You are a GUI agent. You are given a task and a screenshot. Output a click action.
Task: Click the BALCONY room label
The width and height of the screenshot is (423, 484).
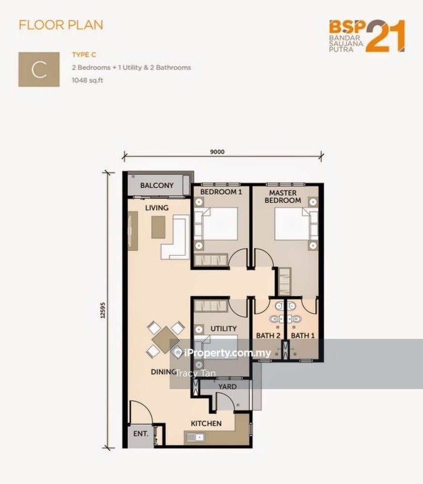157,185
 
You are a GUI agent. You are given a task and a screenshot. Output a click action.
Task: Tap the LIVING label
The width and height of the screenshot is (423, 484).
157,208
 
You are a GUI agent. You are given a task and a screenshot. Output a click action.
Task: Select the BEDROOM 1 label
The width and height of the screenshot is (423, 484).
221,192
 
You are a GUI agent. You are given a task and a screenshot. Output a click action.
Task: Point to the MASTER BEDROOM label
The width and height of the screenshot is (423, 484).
282,197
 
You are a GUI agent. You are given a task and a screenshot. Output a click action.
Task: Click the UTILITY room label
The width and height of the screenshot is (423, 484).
223,329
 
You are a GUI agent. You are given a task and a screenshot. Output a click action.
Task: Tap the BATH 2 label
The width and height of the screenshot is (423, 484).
268,335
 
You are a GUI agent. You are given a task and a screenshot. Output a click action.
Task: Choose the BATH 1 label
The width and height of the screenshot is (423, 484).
303,335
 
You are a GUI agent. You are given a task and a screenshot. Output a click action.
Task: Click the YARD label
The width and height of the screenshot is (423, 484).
227,387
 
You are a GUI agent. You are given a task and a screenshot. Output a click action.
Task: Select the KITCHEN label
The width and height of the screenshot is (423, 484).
206,423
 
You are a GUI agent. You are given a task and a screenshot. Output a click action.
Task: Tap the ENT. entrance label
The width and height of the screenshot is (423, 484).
141,434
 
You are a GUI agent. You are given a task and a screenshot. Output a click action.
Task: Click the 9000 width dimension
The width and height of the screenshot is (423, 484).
217,152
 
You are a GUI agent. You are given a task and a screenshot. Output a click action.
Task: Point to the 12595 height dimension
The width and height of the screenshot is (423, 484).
103,310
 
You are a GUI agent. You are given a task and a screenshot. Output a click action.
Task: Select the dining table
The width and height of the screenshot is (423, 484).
165,340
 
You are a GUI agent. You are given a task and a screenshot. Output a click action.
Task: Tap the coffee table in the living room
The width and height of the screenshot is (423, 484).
158,227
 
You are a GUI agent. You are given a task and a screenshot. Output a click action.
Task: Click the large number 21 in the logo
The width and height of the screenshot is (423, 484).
385,36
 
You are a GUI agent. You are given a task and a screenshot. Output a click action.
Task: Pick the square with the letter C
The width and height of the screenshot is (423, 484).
39,69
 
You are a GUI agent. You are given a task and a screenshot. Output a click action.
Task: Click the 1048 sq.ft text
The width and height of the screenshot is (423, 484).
87,80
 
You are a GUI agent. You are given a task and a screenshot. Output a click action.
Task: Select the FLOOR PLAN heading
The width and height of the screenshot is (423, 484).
61,25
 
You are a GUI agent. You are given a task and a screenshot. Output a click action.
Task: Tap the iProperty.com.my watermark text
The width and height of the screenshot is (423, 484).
223,353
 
